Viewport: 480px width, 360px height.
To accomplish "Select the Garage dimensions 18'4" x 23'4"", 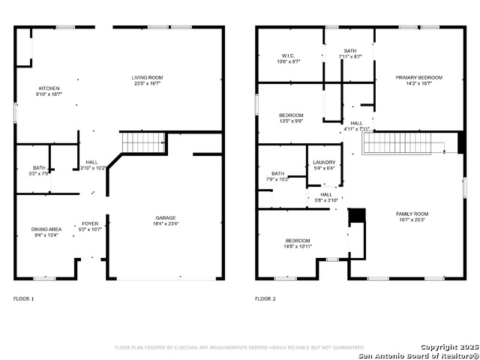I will click(x=166, y=223).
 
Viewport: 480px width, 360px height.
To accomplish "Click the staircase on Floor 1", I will click(x=142, y=141).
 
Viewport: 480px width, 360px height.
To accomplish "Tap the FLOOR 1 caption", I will click(x=24, y=299).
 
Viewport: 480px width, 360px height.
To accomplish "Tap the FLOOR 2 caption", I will click(x=265, y=299).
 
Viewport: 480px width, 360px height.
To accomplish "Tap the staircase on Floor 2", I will click(x=409, y=142).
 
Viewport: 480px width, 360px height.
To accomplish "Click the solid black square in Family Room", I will click(x=357, y=215).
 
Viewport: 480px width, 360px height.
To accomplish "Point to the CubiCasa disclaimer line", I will click(x=239, y=348).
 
